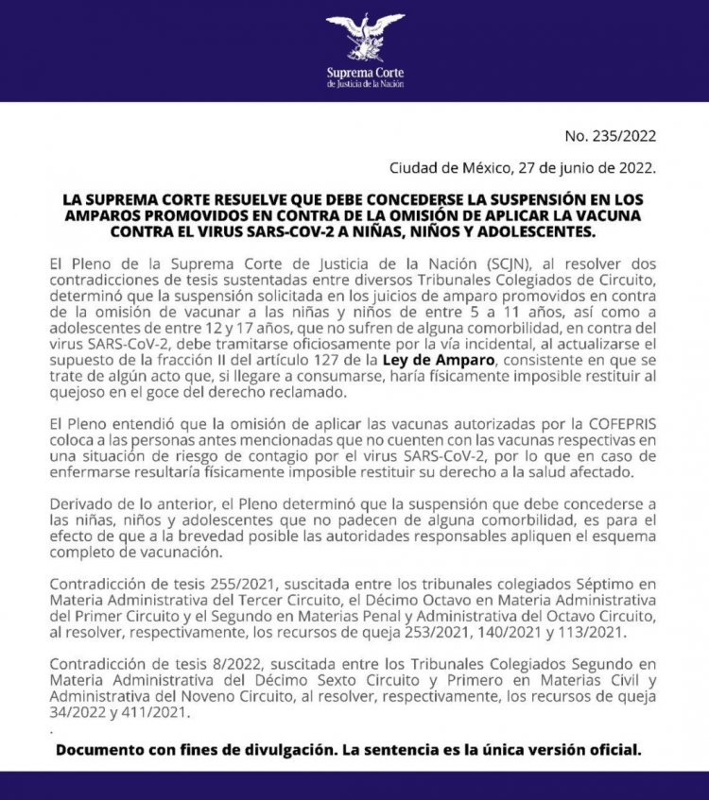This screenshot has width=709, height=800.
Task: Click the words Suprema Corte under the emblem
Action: tap(365, 72)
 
